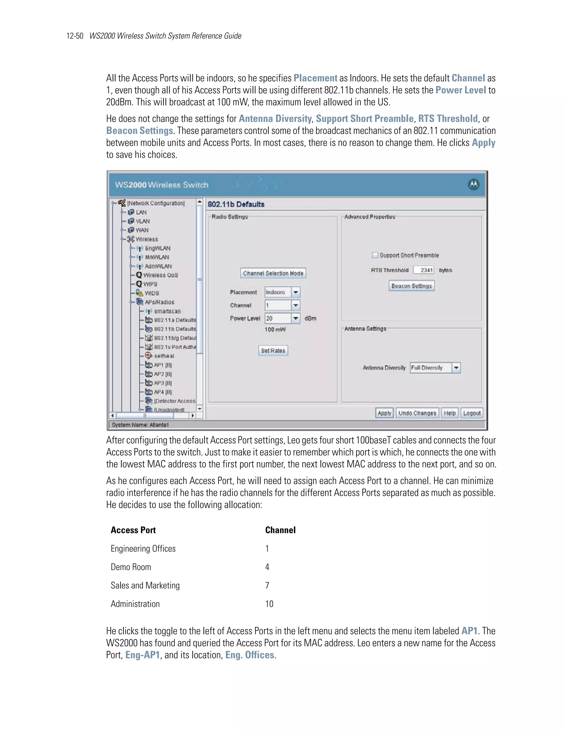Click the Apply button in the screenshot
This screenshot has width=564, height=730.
click(x=384, y=413)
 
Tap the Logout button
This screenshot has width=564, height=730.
click(x=472, y=413)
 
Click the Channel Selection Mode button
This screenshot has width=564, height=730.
click(x=273, y=274)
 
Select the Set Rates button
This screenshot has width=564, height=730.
click(x=273, y=351)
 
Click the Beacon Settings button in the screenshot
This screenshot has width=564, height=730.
click(x=411, y=286)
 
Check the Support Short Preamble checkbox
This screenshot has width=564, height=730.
click(x=375, y=255)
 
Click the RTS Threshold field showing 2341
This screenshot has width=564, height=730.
click(x=423, y=270)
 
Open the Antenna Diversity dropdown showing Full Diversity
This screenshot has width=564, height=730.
click(x=435, y=368)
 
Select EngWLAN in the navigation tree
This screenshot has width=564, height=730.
click(x=157, y=248)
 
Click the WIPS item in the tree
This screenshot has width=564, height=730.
click(x=150, y=284)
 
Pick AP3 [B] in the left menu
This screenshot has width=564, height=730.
click(x=162, y=383)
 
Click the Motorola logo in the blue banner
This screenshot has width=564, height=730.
click(x=473, y=185)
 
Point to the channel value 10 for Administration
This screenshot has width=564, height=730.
click(x=269, y=604)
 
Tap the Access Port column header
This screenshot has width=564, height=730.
click(x=133, y=530)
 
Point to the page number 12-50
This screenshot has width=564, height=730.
click(x=75, y=36)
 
